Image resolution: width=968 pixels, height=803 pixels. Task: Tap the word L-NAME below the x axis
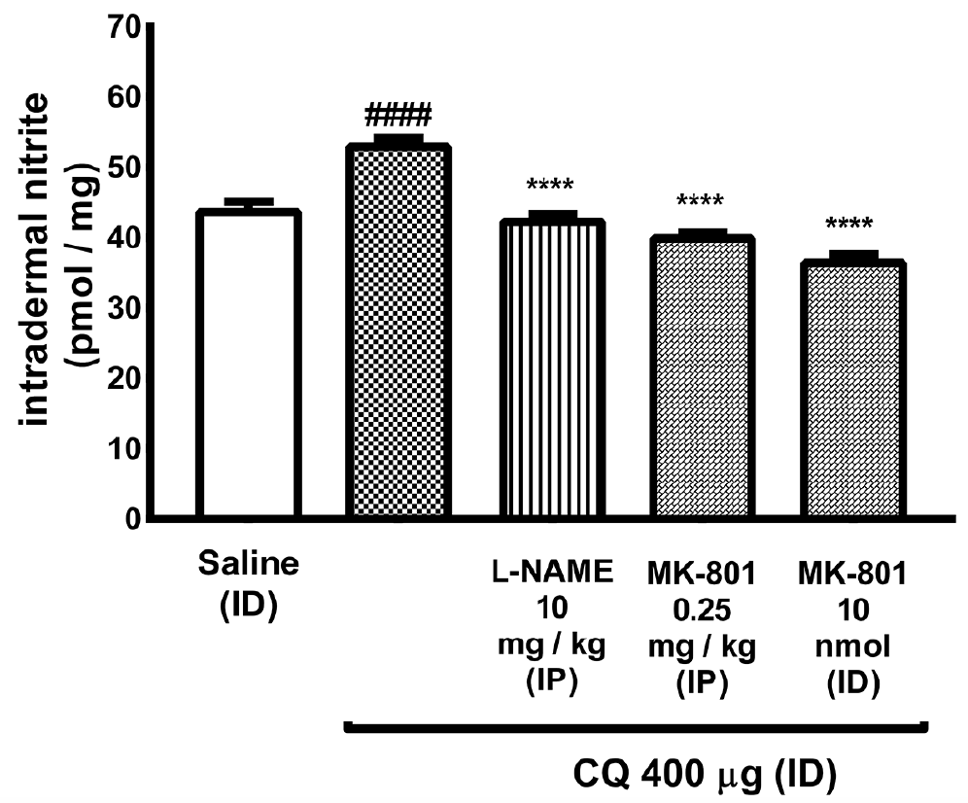pyautogui.click(x=550, y=574)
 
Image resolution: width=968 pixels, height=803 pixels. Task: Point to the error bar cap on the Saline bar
pyautogui.click(x=248, y=203)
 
